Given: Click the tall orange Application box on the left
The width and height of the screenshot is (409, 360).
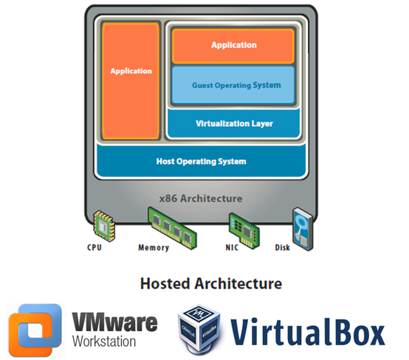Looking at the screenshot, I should click(131, 80).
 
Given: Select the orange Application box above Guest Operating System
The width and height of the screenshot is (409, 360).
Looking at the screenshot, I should click(233, 46).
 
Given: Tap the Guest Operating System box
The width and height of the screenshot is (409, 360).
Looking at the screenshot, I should click(233, 85).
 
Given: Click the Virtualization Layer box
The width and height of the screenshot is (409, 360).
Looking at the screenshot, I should click(233, 123).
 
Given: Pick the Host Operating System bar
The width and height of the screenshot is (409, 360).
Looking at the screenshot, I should click(201, 161).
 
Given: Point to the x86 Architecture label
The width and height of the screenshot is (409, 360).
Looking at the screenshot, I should click(201, 198).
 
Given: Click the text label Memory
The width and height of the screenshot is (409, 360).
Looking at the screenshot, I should click(154, 248).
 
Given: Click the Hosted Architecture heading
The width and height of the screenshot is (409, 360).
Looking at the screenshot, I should click(201, 283).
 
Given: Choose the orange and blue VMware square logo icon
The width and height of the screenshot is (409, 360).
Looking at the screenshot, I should click(35, 327).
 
